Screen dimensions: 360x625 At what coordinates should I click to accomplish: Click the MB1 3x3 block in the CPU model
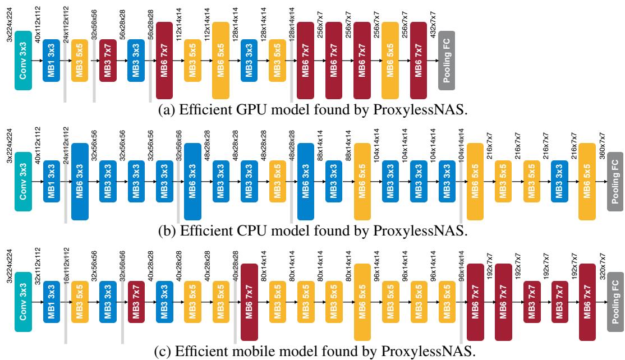52,181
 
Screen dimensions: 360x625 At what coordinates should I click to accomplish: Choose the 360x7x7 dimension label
603,145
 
